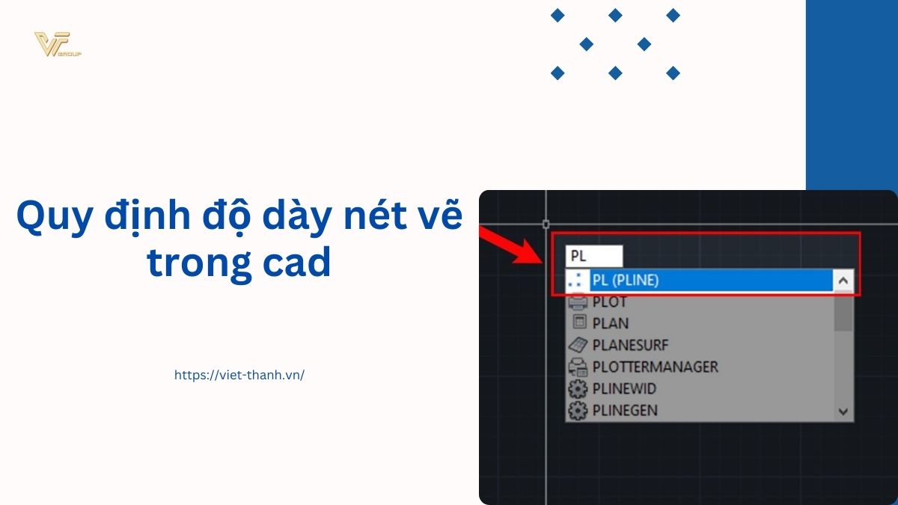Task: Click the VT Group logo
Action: click(58, 44)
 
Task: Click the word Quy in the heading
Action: click(55, 217)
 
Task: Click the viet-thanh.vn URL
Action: click(239, 375)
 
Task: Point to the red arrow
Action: click(510, 245)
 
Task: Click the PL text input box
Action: click(593, 256)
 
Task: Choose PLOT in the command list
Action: click(609, 302)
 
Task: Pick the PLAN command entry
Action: click(610, 323)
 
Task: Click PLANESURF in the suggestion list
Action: click(631, 345)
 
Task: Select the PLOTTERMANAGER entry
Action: click(655, 367)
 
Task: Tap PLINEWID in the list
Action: click(624, 388)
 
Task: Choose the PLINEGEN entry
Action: click(625, 410)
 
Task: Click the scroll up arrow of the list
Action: click(843, 281)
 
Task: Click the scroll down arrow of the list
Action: click(843, 411)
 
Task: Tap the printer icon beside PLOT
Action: click(578, 302)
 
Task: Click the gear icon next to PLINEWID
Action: click(578, 389)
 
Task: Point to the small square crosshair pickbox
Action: click(546, 224)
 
